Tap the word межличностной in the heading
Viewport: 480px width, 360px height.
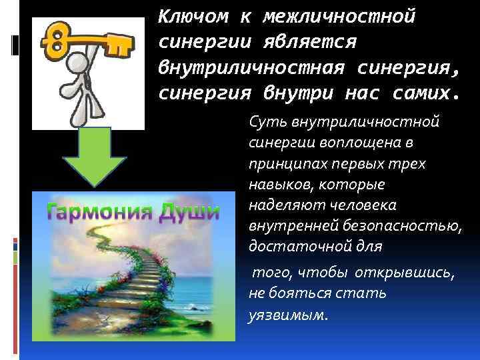(x=339, y=15)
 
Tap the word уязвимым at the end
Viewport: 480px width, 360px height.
(x=287, y=314)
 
